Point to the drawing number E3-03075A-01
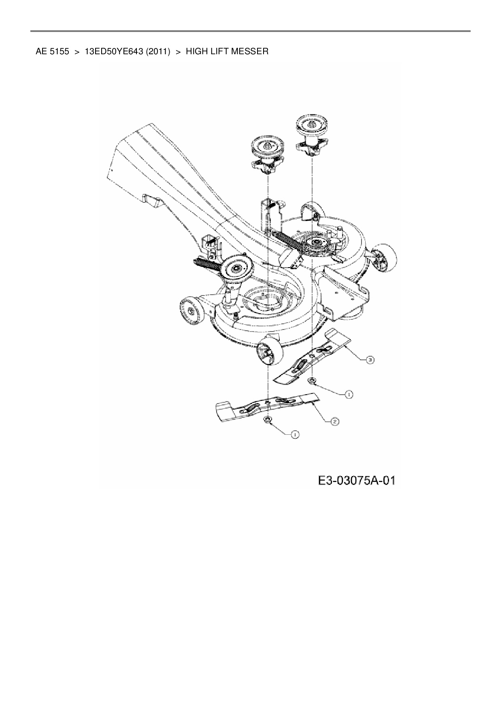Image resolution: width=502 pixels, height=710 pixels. click(356, 480)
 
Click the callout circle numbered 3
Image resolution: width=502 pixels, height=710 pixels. click(370, 359)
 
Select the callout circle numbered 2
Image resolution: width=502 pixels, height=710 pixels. click(334, 421)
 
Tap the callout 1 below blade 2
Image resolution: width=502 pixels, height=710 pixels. click(295, 434)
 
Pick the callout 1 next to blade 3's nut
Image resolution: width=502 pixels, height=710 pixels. click(348, 394)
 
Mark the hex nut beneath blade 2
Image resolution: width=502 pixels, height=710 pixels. click(268, 420)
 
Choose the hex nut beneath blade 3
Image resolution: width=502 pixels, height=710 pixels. click(312, 381)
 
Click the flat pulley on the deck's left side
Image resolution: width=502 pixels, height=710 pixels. click(235, 267)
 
